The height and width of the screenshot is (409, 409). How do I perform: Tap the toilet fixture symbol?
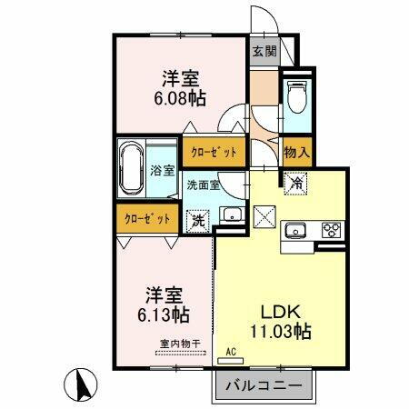pyautogui.click(x=295, y=96)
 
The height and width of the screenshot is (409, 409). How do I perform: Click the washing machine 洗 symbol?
pyautogui.click(x=197, y=219)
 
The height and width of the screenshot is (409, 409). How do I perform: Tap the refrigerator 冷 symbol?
pyautogui.click(x=297, y=183)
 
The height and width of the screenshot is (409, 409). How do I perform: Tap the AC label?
pyautogui.click(x=230, y=350)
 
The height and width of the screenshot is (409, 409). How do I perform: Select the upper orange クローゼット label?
pyautogui.click(x=214, y=152)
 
